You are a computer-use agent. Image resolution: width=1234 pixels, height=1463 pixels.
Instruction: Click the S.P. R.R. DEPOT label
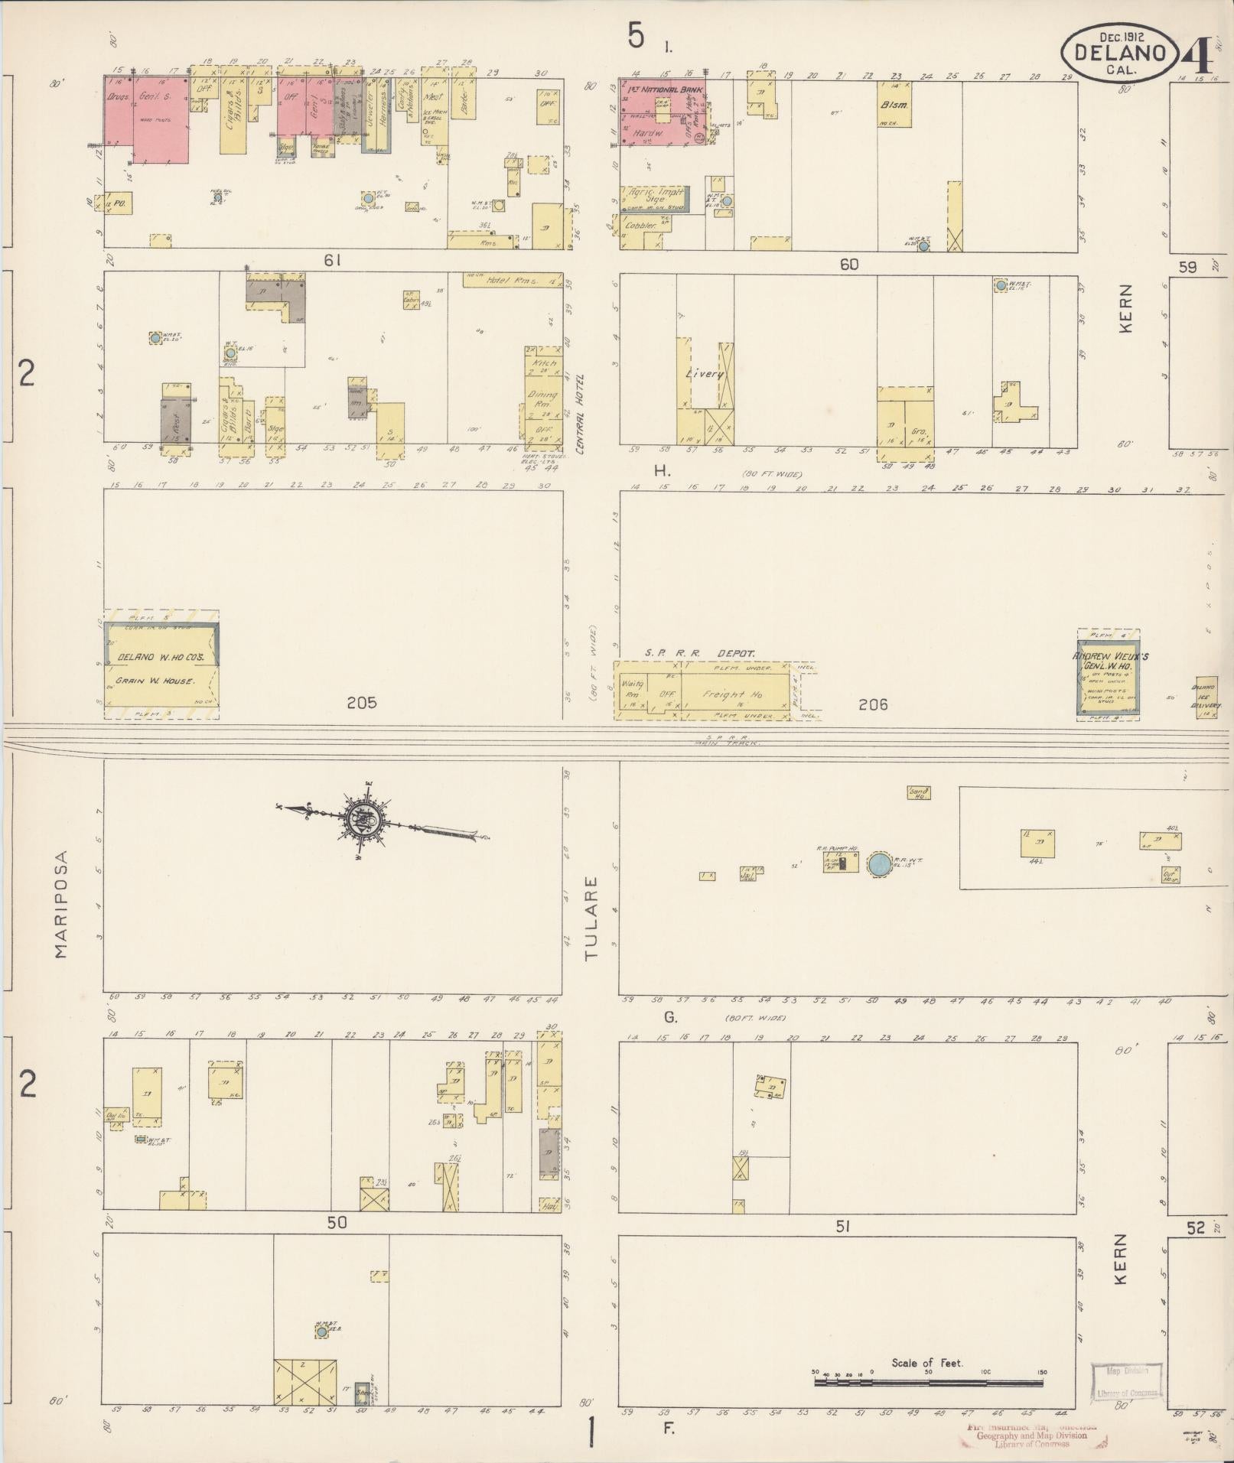point(699,654)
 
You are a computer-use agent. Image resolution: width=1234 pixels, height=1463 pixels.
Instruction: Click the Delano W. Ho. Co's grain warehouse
point(162,665)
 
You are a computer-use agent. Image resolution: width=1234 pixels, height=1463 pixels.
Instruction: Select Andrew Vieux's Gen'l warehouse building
point(1108,673)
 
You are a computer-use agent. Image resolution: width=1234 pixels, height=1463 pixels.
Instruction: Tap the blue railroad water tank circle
point(878,865)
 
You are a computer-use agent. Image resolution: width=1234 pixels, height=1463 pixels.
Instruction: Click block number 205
point(361,702)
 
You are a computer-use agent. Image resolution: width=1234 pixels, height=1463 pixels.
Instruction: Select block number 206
point(873,704)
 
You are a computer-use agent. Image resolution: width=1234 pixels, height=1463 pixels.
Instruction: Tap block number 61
point(331,261)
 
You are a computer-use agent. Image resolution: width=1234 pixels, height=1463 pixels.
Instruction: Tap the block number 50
point(337,1223)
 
